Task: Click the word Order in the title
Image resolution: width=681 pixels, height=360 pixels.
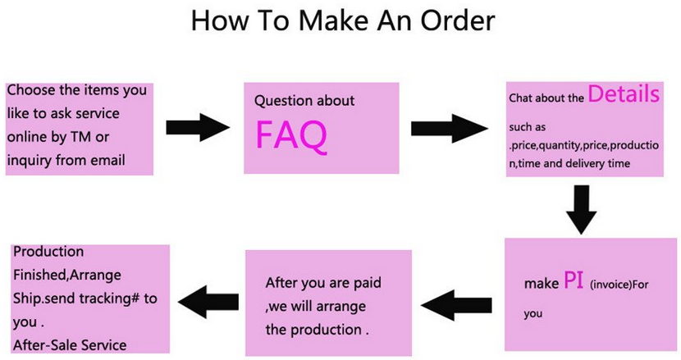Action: (x=458, y=20)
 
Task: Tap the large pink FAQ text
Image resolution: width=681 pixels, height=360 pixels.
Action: (x=291, y=135)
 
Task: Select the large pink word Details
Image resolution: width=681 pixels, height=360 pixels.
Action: (x=624, y=93)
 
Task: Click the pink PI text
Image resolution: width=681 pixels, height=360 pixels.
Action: (x=574, y=280)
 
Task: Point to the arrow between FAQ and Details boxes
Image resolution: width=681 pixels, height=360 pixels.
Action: (x=450, y=128)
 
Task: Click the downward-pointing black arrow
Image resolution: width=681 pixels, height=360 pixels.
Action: (x=581, y=210)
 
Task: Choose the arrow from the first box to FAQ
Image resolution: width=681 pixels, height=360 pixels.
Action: (x=198, y=128)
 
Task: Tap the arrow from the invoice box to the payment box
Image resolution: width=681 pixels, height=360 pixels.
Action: (x=456, y=305)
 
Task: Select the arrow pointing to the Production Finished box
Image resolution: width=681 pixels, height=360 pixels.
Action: (x=208, y=302)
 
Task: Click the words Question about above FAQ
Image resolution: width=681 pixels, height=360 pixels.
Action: (x=304, y=101)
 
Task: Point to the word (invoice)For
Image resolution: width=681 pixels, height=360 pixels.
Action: (x=619, y=285)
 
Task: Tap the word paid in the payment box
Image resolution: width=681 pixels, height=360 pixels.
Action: (x=367, y=283)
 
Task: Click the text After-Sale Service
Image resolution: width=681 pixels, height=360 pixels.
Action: (x=70, y=345)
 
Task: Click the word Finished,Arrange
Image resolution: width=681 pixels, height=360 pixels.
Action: (x=67, y=276)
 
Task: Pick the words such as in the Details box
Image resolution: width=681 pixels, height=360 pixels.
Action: (x=528, y=127)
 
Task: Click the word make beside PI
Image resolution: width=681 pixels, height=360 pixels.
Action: (x=542, y=284)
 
